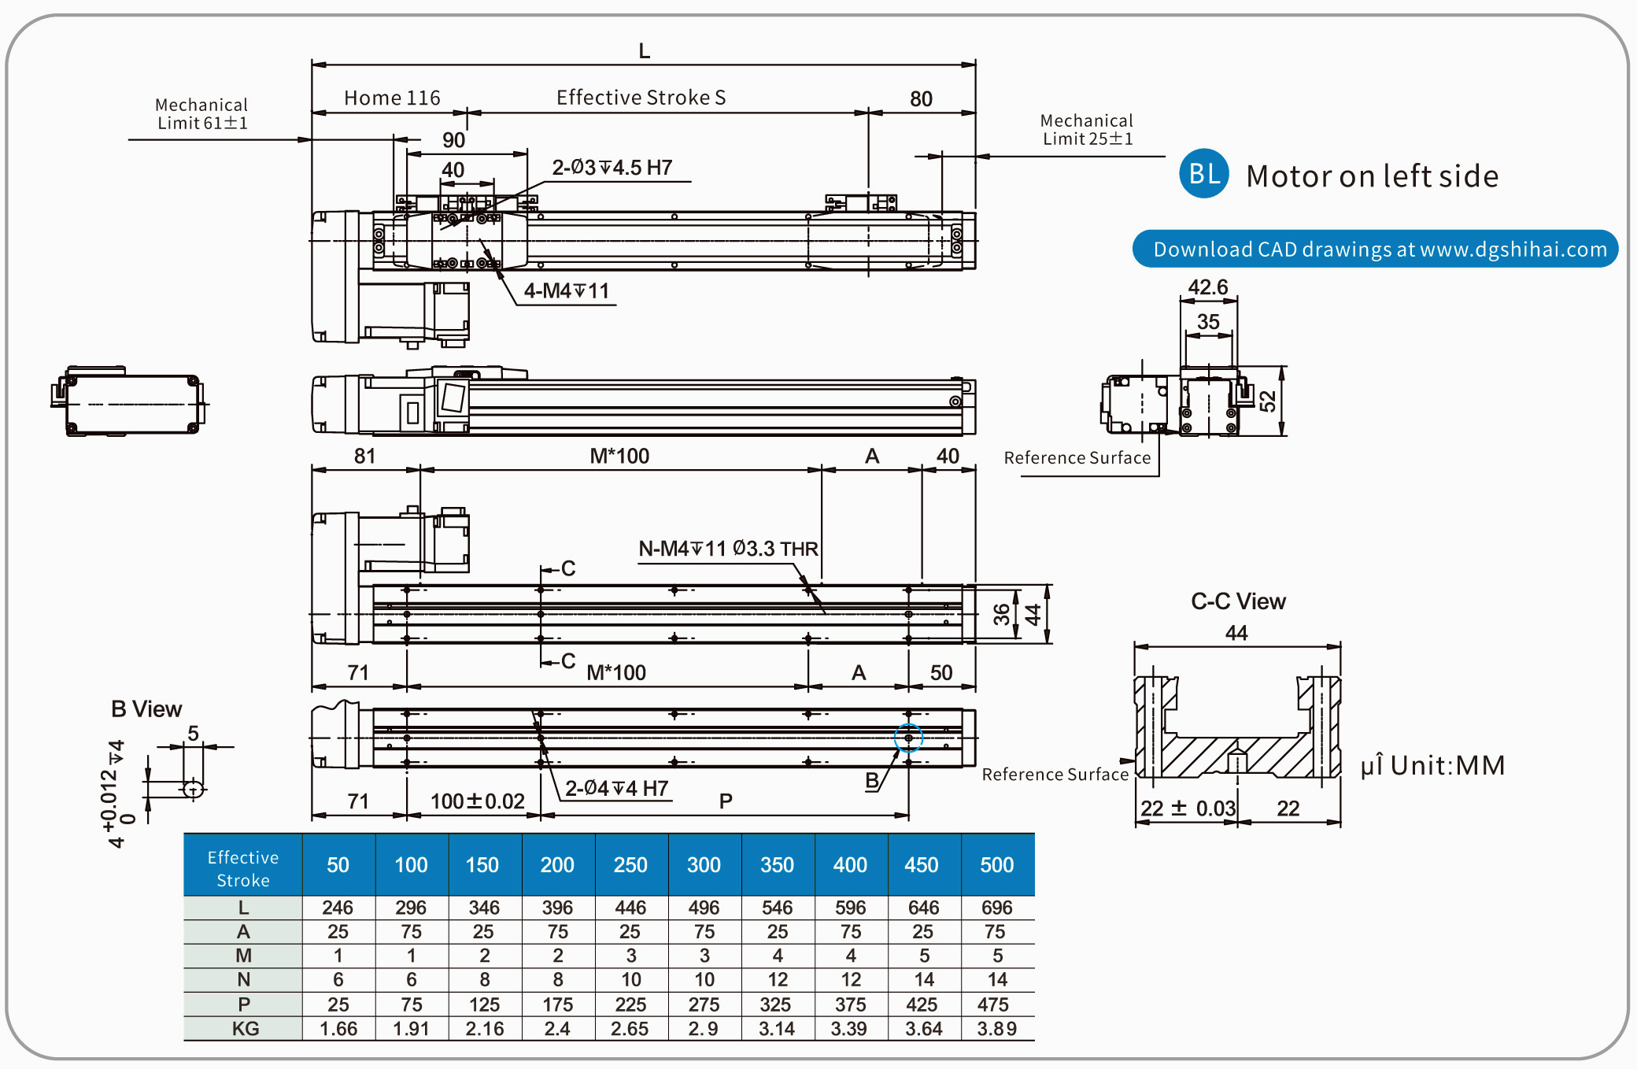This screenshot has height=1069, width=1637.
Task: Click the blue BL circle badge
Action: [x=1203, y=173]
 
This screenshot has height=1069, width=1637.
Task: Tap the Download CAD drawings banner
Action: [x=1375, y=250]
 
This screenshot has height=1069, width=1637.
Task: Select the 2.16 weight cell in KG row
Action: [x=484, y=1028]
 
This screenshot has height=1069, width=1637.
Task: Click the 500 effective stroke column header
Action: [x=996, y=864]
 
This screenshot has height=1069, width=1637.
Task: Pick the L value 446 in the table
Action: [x=630, y=908]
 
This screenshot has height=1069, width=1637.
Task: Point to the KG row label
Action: [x=244, y=1028]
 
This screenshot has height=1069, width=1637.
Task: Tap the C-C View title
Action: [x=1238, y=601]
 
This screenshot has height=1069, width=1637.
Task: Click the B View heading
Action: [x=146, y=709]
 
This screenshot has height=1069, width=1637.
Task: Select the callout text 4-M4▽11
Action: [x=567, y=291]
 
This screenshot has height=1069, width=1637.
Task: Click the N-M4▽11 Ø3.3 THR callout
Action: [x=728, y=549]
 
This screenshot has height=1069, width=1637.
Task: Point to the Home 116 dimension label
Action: [x=392, y=98]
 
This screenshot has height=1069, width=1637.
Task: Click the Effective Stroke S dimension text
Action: [x=641, y=98]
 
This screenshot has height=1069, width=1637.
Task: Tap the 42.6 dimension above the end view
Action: [x=1207, y=287]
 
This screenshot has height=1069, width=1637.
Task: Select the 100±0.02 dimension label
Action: [x=477, y=801]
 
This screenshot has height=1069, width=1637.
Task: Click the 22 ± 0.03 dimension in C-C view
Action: [x=1188, y=808]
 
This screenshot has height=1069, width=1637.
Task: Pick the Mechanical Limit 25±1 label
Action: [x=1087, y=130]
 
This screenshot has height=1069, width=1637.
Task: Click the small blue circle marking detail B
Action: [x=908, y=738]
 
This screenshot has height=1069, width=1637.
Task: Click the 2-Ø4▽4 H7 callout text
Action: [x=616, y=788]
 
